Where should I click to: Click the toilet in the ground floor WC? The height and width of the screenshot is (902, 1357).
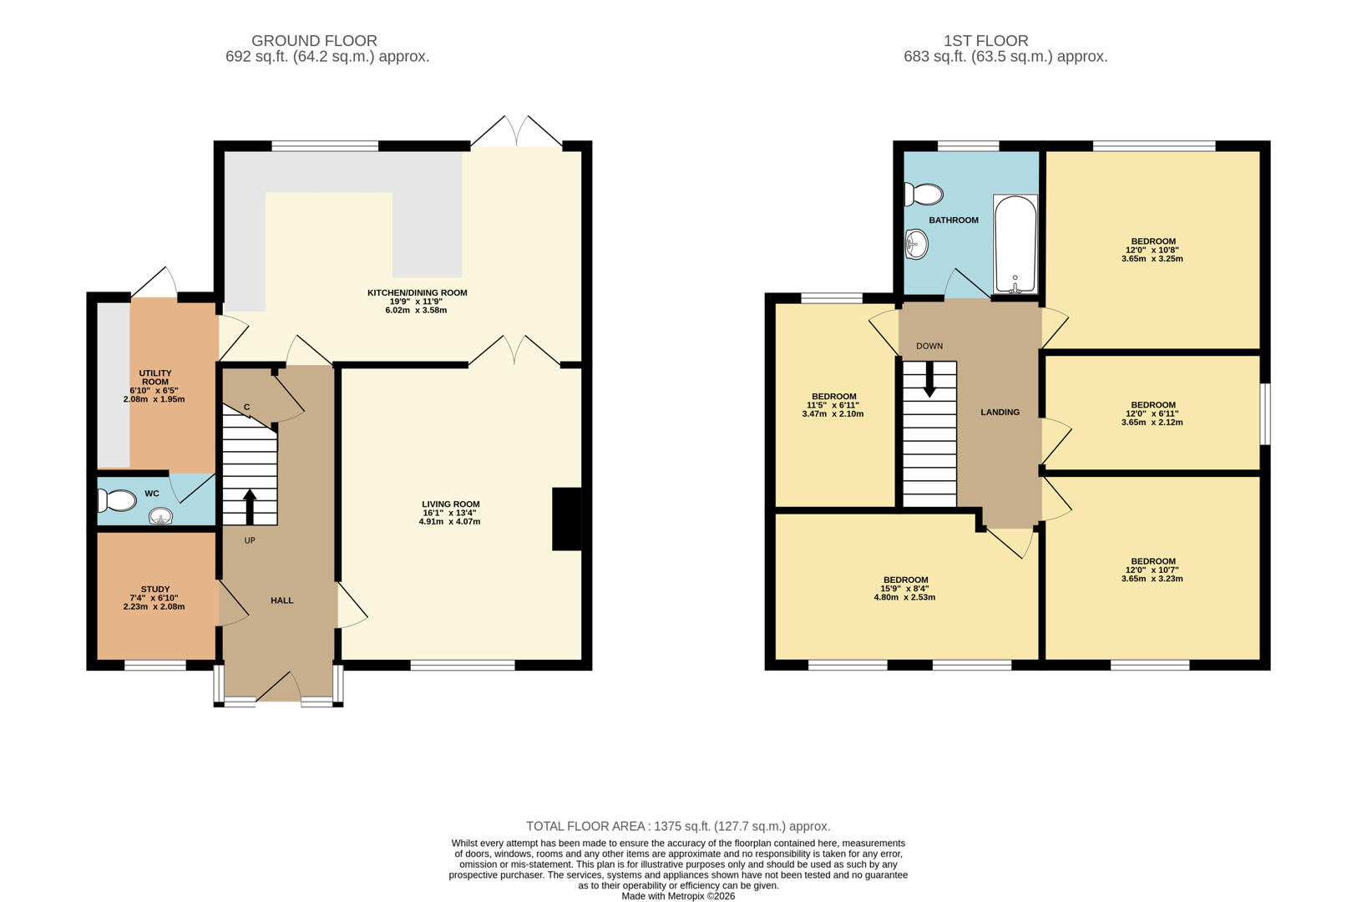click(116, 501)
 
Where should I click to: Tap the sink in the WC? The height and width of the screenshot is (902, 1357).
click(161, 518)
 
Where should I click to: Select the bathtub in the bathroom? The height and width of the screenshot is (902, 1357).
click(1015, 244)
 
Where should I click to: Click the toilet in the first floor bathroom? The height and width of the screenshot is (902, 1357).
click(922, 195)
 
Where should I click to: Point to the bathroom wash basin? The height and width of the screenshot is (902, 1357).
click(916, 246)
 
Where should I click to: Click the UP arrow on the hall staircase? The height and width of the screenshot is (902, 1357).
click(249, 506)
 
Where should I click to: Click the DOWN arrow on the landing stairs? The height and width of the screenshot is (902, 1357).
click(929, 380)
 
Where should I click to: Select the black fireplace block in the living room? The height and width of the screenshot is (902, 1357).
click(566, 519)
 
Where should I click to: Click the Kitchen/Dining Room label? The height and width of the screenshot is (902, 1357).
click(417, 293)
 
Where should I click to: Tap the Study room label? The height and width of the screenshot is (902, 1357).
click(154, 590)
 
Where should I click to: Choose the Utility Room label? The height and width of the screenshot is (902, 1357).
click(154, 378)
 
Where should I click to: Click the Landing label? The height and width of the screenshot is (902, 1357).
click(1000, 413)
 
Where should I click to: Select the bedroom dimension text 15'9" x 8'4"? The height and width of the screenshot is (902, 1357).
click(904, 589)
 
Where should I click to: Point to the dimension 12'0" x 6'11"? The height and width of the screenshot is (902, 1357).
click(1152, 413)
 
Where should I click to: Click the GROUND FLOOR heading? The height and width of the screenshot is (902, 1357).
click(314, 41)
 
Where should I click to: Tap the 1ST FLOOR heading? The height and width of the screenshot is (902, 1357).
click(985, 41)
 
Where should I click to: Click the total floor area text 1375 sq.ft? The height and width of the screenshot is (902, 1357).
click(678, 826)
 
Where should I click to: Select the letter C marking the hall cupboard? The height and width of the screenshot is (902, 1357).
click(246, 408)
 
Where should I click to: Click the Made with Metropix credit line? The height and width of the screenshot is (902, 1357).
click(678, 896)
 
